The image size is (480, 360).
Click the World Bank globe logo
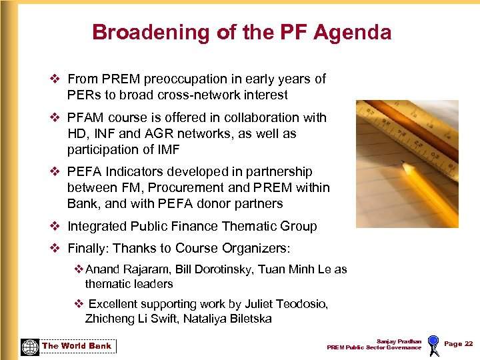tap(29, 346)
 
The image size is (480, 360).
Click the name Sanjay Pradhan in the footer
tap(399, 341)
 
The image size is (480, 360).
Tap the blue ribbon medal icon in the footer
tap(433, 344)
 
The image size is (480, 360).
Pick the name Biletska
tap(248, 319)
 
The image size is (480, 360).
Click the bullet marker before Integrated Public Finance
tap(55, 227)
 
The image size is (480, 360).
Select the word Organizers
tap(255, 249)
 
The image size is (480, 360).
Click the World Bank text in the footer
tap(77, 346)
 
